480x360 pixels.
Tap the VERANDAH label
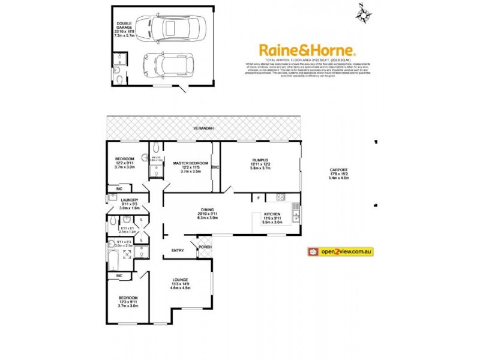pyautogui.click(x=202, y=129)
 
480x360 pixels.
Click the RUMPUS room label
pyautogui.click(x=259, y=160)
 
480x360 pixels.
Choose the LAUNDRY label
pyautogui.click(x=130, y=200)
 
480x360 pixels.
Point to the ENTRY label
pyautogui.click(x=178, y=250)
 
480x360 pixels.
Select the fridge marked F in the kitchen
pyautogui.click(x=259, y=197)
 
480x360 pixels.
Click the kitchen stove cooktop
pyautogui.click(x=280, y=197)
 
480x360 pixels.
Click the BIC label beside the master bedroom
pyautogui.click(x=215, y=167)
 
